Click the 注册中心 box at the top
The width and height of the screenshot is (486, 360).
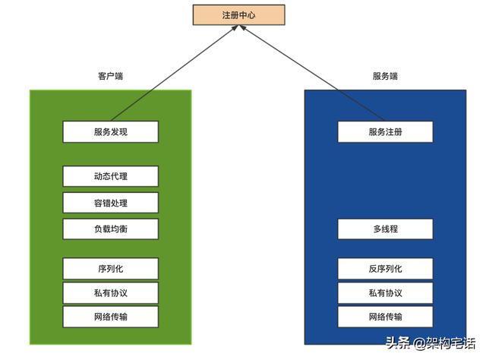pyautogui.click(x=238, y=14)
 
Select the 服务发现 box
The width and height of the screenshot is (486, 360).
pyautogui.click(x=111, y=131)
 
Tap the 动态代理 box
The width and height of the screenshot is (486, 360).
pyautogui.click(x=111, y=176)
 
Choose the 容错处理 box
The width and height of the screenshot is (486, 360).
pyautogui.click(x=111, y=203)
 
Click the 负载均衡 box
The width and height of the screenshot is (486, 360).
pyautogui.click(x=111, y=229)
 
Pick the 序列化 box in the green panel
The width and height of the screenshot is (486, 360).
pyautogui.click(x=111, y=268)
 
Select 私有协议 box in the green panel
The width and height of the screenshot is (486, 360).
pyautogui.click(x=111, y=292)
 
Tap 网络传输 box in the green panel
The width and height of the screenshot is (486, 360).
pyautogui.click(x=111, y=317)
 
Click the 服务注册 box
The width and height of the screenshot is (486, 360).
pyautogui.click(x=385, y=131)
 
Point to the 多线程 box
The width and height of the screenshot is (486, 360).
pyautogui.click(x=385, y=229)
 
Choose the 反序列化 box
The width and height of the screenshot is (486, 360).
pyautogui.click(x=385, y=268)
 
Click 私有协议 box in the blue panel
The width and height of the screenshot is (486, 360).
pyautogui.click(x=385, y=292)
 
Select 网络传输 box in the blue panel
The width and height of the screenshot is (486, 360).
pyautogui.click(x=385, y=317)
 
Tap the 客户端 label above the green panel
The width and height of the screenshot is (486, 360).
pyautogui.click(x=111, y=77)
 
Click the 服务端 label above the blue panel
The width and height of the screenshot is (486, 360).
pyautogui.click(x=385, y=77)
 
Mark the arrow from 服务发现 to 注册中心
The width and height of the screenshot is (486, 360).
pyautogui.click(x=175, y=74)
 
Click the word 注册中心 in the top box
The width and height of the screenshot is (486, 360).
pyautogui.click(x=238, y=14)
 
